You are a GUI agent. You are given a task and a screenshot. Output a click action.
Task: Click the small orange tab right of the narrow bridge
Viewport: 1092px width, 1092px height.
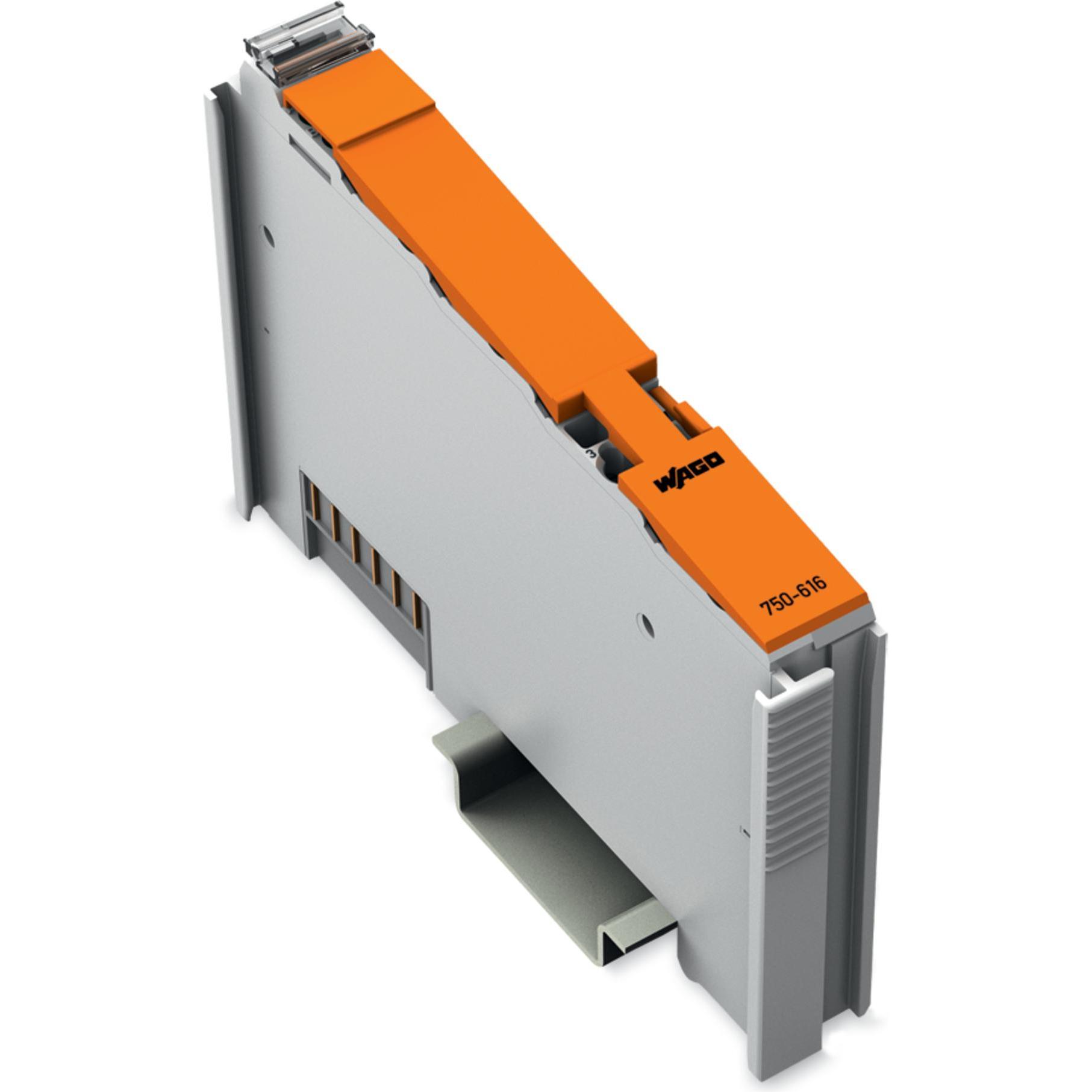(678, 413)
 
